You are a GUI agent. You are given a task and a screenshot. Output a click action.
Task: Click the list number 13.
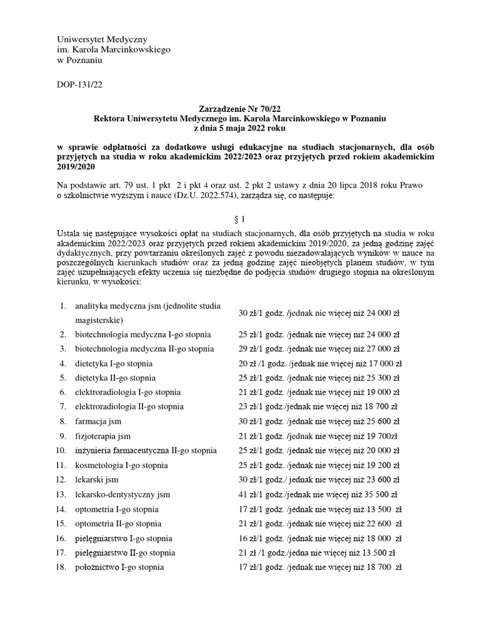tap(61, 494)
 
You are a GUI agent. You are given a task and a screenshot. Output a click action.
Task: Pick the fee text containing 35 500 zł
tap(319, 494)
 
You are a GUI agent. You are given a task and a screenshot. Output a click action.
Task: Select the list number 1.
tap(62, 306)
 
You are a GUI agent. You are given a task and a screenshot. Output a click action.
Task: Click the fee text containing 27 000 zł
tap(319, 349)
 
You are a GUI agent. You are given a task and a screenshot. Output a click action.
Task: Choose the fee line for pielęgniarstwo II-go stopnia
tap(317, 552)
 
